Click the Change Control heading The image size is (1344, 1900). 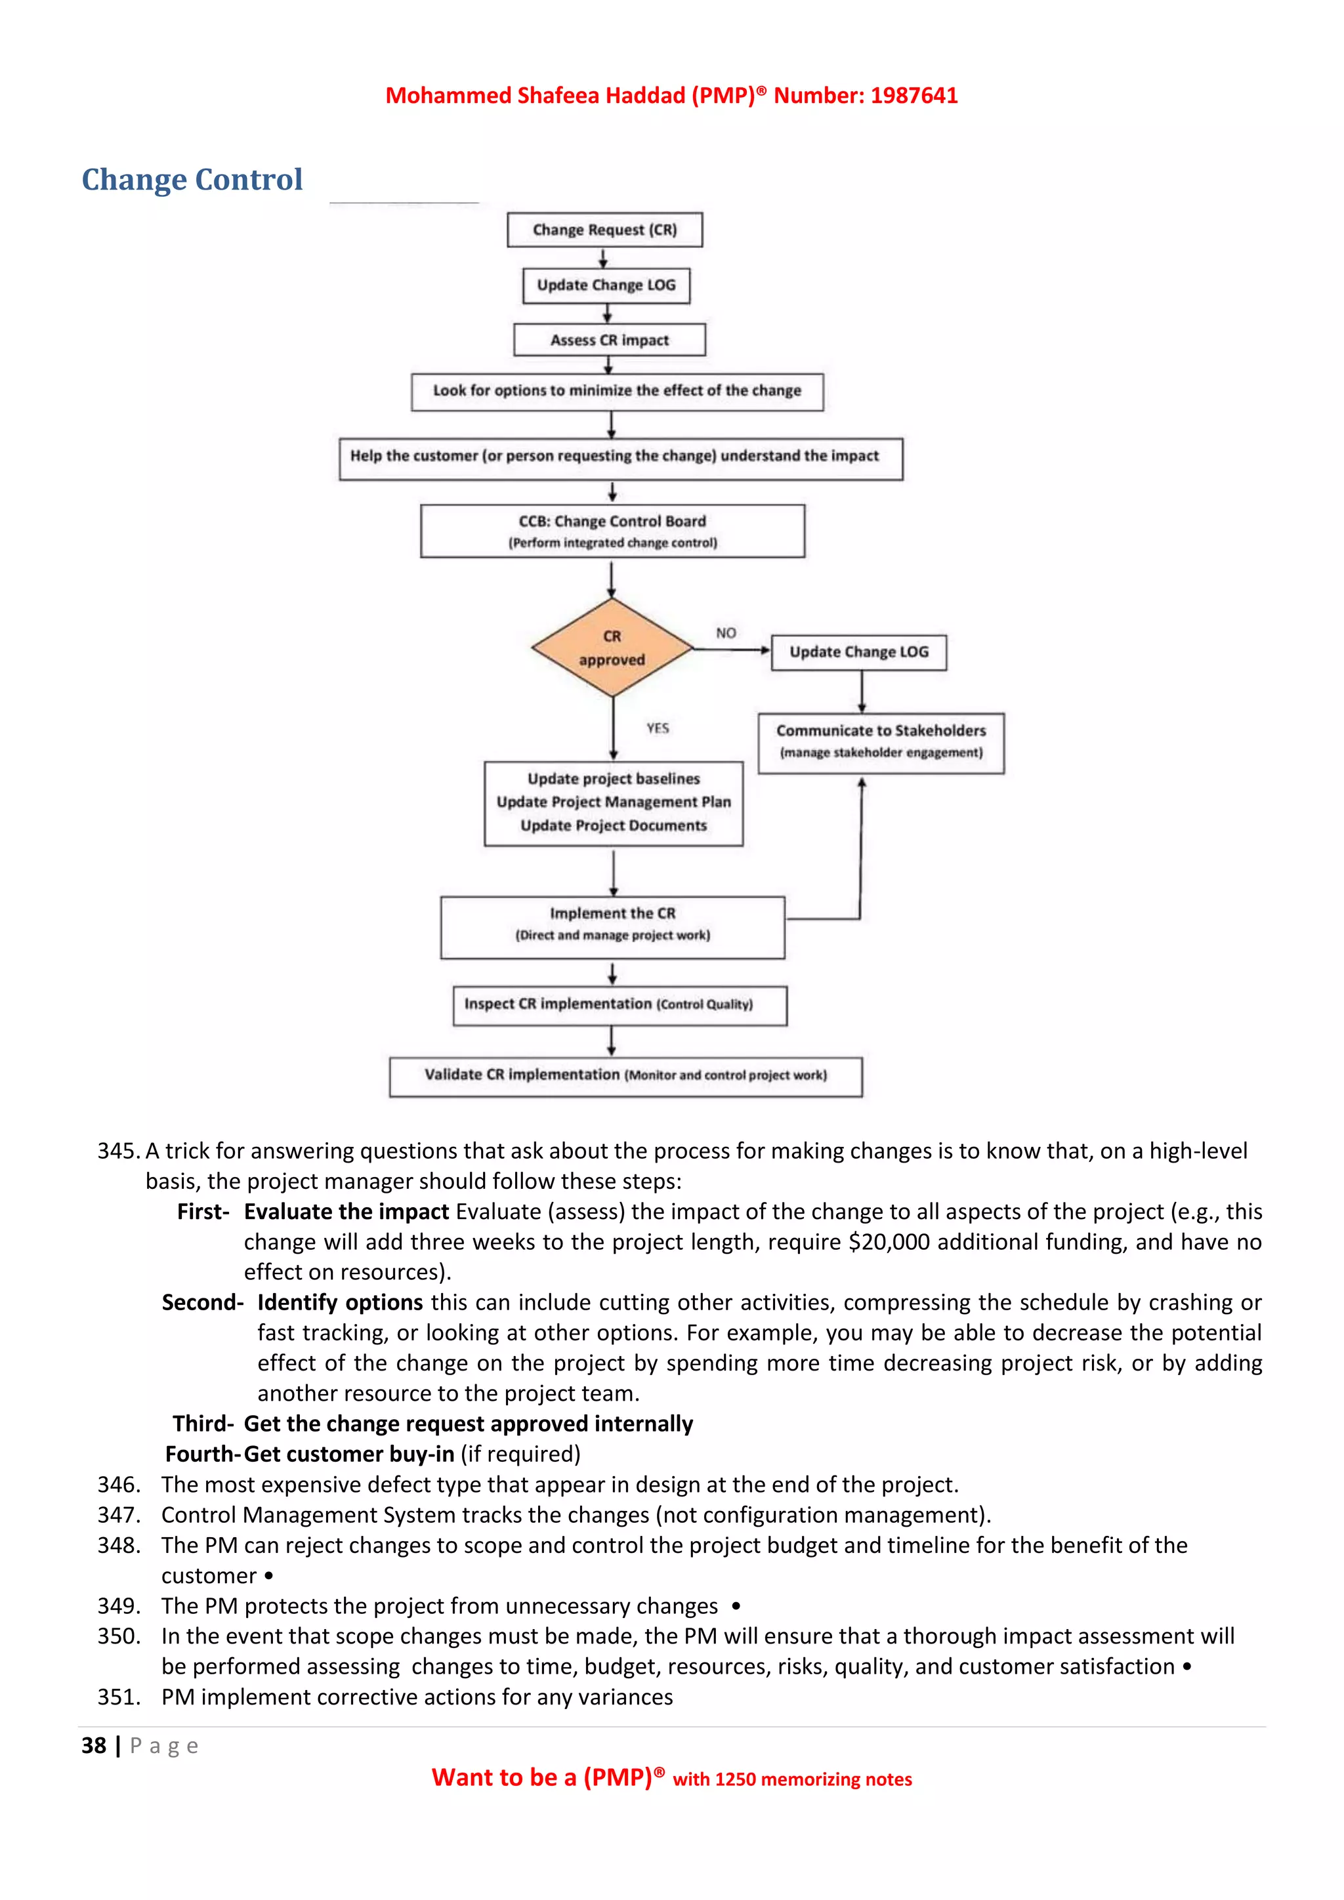pos(192,180)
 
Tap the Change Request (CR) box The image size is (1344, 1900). pos(604,230)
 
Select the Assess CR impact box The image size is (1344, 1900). pos(609,340)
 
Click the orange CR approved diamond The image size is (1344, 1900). pos(612,648)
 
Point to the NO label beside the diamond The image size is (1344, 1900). pos(726,633)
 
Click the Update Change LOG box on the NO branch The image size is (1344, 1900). pos(858,652)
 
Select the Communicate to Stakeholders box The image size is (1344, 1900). pos(881,742)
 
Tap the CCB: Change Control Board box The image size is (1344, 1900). pos(612,531)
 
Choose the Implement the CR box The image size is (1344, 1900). pos(612,926)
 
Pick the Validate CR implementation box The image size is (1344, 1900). pos(625,1076)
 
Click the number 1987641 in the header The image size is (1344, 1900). pos(913,96)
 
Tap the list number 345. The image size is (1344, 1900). pos(117,1151)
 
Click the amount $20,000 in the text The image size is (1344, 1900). pos(890,1242)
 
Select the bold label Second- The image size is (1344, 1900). pos(202,1302)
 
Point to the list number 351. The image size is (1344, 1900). pos(117,1697)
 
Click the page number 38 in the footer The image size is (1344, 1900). pos(94,1746)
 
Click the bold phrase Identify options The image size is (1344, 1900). pos(340,1302)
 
